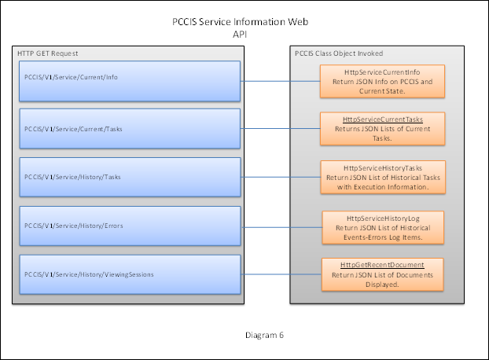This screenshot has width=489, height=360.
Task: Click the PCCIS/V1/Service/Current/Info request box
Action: pyautogui.click(x=129, y=79)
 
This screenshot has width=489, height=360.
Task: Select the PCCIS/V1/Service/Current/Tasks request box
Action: pyautogui.click(x=129, y=127)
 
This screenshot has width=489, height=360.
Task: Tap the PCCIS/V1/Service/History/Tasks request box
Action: pyautogui.click(x=129, y=177)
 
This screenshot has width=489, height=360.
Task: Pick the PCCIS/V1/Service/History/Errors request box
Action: pyautogui.click(x=129, y=226)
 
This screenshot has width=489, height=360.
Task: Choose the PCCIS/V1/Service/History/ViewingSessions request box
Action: pyautogui.click(x=129, y=274)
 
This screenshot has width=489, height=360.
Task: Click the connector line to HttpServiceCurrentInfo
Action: pyautogui.click(x=280, y=79)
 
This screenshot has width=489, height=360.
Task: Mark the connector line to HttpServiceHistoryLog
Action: pyautogui.click(x=280, y=226)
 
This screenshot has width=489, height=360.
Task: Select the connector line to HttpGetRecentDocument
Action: pyautogui.click(x=280, y=274)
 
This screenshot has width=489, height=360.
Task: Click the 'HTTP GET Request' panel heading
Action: pyautogui.click(x=48, y=53)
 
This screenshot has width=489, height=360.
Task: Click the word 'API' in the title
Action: pyautogui.click(x=241, y=35)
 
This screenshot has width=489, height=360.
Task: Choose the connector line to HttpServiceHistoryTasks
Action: pyautogui.click(x=280, y=177)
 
